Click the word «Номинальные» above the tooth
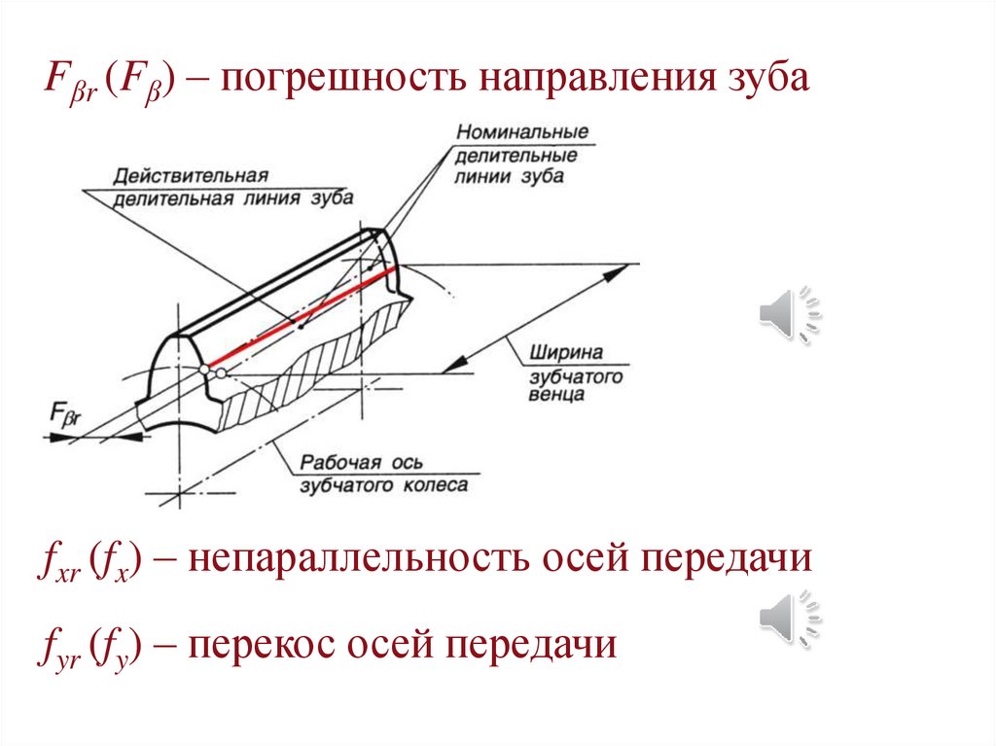522,131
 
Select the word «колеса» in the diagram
433,484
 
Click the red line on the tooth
302,317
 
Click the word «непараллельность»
339,561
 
